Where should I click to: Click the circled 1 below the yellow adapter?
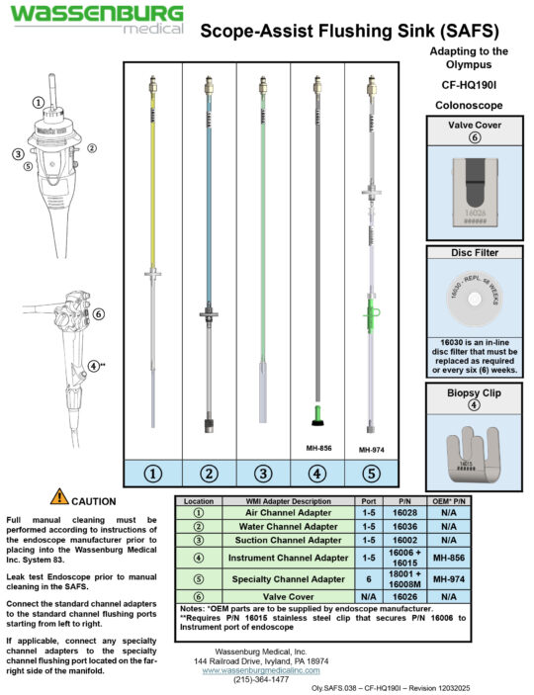click(153, 474)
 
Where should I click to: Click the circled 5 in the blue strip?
click(371, 474)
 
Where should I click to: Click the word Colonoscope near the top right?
click(470, 104)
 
